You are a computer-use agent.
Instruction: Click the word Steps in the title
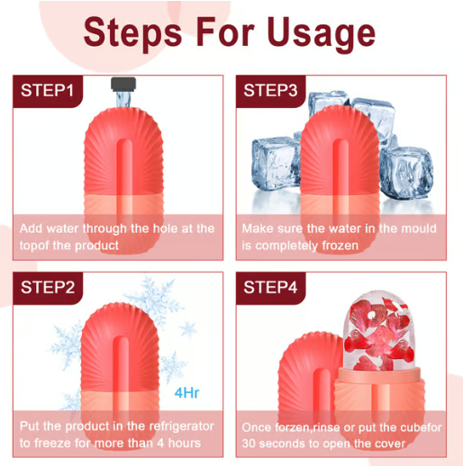pyautogui.click(x=133, y=33)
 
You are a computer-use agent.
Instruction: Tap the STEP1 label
pyautogui.click(x=47, y=90)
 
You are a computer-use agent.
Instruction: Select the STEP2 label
pyautogui.click(x=48, y=287)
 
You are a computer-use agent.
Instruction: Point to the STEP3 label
pyautogui.click(x=270, y=90)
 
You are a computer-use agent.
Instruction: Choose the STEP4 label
pyautogui.click(x=270, y=287)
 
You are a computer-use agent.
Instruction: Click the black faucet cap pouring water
pyautogui.click(x=123, y=84)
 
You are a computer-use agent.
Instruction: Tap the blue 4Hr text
pyautogui.click(x=186, y=392)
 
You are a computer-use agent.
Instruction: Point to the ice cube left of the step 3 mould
pyautogui.click(x=276, y=164)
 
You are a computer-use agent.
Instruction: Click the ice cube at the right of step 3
pyautogui.click(x=406, y=173)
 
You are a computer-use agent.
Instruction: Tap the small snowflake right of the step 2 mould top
pyautogui.click(x=188, y=328)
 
